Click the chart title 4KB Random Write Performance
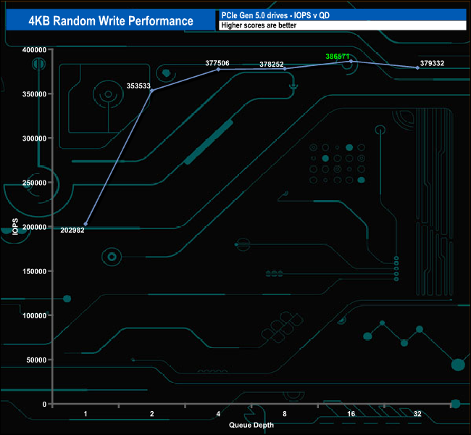pos(111,20)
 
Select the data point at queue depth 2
pos(151,90)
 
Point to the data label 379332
pos(432,63)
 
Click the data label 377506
pos(217,63)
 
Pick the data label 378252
pos(272,64)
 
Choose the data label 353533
pos(138,86)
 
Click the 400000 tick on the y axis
pos(34,49)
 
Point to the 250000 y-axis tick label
pos(34,183)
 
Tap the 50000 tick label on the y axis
pos(36,360)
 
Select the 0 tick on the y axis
pos(44,404)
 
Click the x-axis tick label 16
pos(351,414)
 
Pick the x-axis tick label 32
pos(417,414)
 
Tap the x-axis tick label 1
pos(86,414)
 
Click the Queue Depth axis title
pos(251,425)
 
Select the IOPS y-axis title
pos(16,228)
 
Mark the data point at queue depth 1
pos(86,224)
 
